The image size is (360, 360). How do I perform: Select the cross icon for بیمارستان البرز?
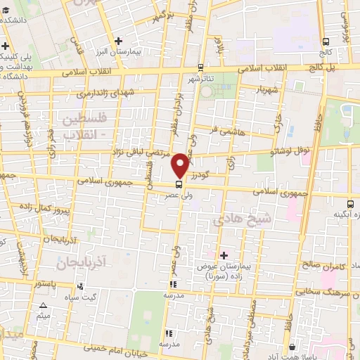click(x=119, y=41)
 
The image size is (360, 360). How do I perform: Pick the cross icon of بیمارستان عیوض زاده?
click(x=224, y=255)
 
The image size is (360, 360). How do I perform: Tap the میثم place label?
click(x=43, y=316)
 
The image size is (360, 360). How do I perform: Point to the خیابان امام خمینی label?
click(x=113, y=347)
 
